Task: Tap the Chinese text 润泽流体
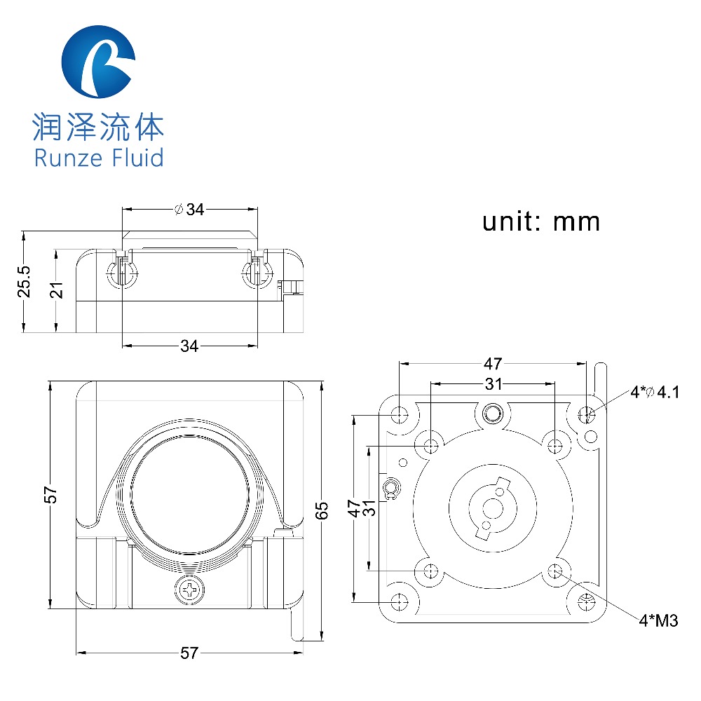click(x=98, y=128)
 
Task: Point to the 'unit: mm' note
click(x=540, y=222)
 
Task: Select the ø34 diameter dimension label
click(x=189, y=209)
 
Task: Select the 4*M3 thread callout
click(x=658, y=620)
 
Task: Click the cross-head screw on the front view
click(x=189, y=590)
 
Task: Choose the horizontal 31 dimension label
click(x=493, y=384)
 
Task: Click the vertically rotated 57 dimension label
click(x=50, y=495)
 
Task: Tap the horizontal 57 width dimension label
click(x=189, y=653)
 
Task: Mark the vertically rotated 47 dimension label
click(x=356, y=508)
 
